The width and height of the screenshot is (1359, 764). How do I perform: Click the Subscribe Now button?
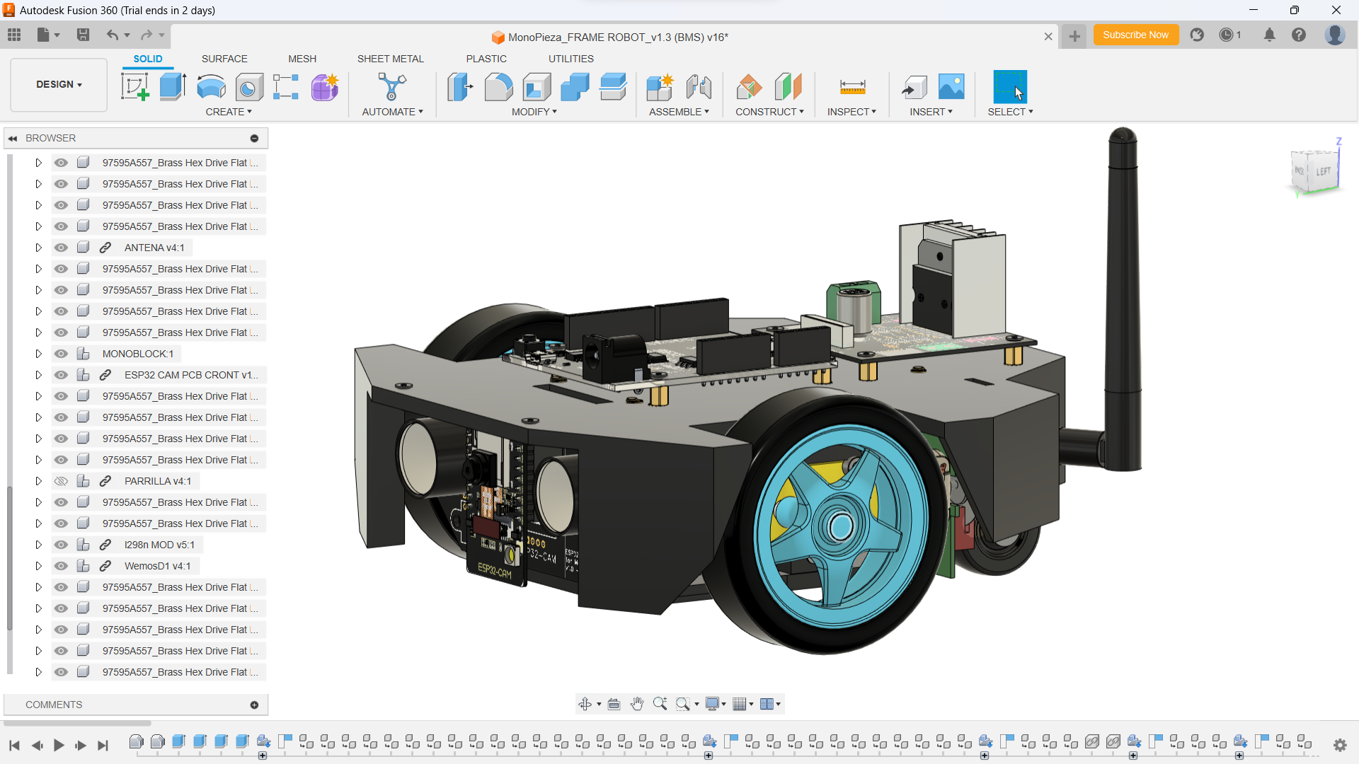tap(1135, 35)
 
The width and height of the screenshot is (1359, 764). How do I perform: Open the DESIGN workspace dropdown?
tap(59, 84)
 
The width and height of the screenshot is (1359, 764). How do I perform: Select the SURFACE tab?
tap(224, 59)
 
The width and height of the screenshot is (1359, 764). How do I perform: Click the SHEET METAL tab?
tap(390, 59)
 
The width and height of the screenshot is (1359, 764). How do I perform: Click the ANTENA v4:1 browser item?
tap(154, 248)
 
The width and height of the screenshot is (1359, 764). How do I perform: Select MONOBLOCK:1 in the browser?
tap(137, 354)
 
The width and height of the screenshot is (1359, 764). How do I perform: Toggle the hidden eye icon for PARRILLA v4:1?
tap(62, 481)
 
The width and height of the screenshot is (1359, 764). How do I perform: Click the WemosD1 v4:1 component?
tap(157, 566)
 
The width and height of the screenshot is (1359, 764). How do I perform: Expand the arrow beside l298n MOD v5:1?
tap(38, 545)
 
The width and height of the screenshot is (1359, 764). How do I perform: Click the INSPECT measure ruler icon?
tap(852, 87)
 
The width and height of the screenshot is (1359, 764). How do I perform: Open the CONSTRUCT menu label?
tap(769, 112)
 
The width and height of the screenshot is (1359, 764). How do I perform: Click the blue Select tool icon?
tap(1009, 87)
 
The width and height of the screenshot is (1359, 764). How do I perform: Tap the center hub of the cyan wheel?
tap(841, 526)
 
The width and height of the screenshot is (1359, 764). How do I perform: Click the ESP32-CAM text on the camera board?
tap(494, 570)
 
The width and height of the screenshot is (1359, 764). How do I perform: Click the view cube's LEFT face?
tap(1322, 171)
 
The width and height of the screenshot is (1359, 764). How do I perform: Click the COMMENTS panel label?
tap(54, 705)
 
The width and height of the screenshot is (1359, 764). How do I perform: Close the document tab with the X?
tap(1048, 37)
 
